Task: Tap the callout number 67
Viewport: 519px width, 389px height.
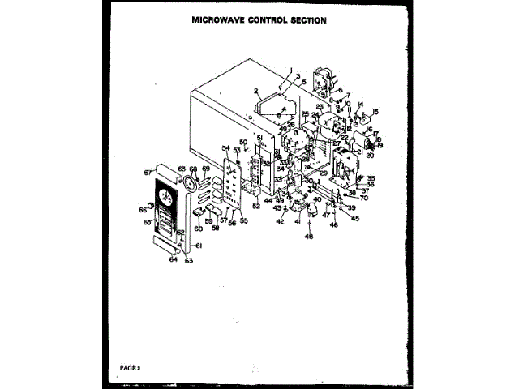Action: pyautogui.click(x=148, y=172)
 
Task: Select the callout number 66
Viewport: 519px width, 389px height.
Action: pyautogui.click(x=144, y=210)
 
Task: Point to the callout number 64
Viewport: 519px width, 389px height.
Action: pyautogui.click(x=172, y=259)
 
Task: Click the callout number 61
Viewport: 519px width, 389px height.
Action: pyautogui.click(x=199, y=246)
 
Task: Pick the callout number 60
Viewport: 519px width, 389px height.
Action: pyautogui.click(x=197, y=229)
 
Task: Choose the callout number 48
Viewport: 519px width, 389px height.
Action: pyautogui.click(x=308, y=236)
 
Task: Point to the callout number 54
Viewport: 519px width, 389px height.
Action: pyautogui.click(x=225, y=147)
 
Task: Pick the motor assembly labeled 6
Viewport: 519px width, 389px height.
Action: pyautogui.click(x=324, y=81)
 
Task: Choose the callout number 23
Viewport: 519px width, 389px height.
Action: pyautogui.click(x=320, y=107)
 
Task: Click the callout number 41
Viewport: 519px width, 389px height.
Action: pyautogui.click(x=297, y=221)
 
